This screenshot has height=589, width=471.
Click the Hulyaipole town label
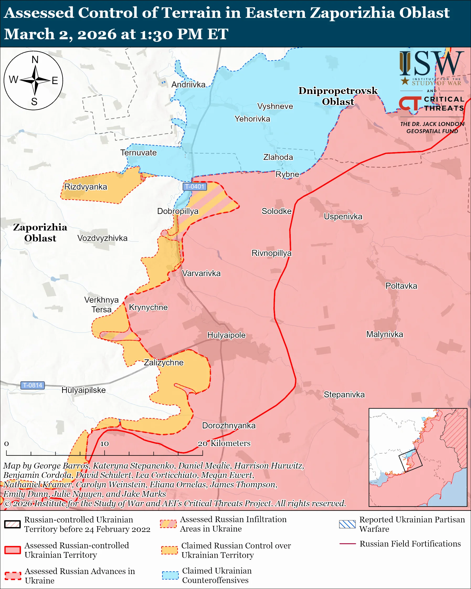[226, 335]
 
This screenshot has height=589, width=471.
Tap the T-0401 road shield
[195, 187]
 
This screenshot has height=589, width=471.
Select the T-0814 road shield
[33, 385]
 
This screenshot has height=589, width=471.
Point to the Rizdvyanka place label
[86, 187]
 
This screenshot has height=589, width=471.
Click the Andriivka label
[188, 85]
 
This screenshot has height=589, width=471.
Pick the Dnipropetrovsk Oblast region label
[338, 96]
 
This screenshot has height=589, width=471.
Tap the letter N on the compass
[35, 60]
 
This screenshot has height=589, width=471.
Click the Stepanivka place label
[344, 395]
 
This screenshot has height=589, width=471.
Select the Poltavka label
[401, 286]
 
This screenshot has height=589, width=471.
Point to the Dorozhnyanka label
[229, 426]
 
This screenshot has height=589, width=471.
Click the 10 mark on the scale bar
[105, 444]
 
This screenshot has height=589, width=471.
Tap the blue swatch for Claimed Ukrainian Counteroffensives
[170, 575]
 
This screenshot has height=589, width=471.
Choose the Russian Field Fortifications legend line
[347, 544]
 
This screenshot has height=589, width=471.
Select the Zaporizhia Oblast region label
[40, 233]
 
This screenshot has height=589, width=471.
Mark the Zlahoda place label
[278, 157]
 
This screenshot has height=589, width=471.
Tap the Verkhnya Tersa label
[101, 305]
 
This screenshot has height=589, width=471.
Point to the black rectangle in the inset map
[410, 461]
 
